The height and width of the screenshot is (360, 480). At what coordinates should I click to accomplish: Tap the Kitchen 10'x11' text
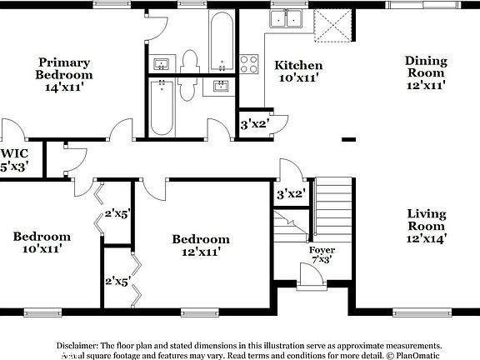(x=298, y=72)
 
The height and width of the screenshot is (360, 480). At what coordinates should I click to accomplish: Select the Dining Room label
(x=426, y=72)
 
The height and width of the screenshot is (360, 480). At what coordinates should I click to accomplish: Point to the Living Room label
(x=426, y=226)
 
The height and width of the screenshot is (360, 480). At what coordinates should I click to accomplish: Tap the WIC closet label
(x=14, y=160)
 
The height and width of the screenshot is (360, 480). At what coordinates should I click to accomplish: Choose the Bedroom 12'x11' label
(x=200, y=245)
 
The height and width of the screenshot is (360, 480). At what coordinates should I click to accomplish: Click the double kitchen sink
(x=287, y=18)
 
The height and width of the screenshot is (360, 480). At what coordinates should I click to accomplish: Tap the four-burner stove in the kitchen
(x=249, y=64)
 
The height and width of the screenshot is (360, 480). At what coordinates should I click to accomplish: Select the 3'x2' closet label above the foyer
(x=290, y=194)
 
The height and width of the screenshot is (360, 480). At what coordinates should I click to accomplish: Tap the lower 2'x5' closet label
(x=116, y=281)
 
